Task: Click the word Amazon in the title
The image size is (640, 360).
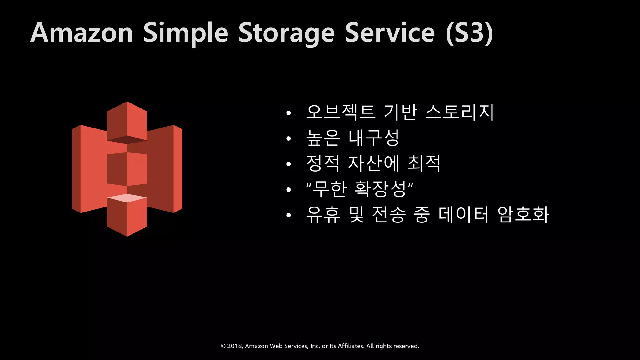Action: pyautogui.click(x=82, y=33)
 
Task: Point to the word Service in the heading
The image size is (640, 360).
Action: pyautogui.click(x=390, y=33)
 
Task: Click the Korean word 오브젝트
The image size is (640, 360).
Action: pyautogui.click(x=341, y=112)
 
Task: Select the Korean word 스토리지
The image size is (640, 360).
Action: pyautogui.click(x=460, y=112)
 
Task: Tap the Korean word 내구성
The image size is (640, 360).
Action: pyautogui.click(x=374, y=138)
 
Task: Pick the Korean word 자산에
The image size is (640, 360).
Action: pyautogui.click(x=374, y=163)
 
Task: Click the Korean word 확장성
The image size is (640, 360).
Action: pyautogui.click(x=380, y=189)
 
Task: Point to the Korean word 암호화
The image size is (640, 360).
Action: pyautogui.click(x=523, y=214)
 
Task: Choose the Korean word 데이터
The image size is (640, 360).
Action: pyautogui.click(x=463, y=214)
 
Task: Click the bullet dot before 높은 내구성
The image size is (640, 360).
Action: pyautogui.click(x=288, y=138)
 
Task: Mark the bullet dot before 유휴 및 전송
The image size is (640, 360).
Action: pyautogui.click(x=288, y=215)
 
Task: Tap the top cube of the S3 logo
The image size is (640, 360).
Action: pyautogui.click(x=127, y=122)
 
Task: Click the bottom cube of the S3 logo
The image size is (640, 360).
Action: pyautogui.click(x=127, y=216)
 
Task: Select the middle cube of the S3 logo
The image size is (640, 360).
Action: pyautogui.click(x=127, y=169)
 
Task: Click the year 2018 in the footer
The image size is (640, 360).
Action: pyautogui.click(x=234, y=346)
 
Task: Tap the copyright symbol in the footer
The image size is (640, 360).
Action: pyautogui.click(x=223, y=346)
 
